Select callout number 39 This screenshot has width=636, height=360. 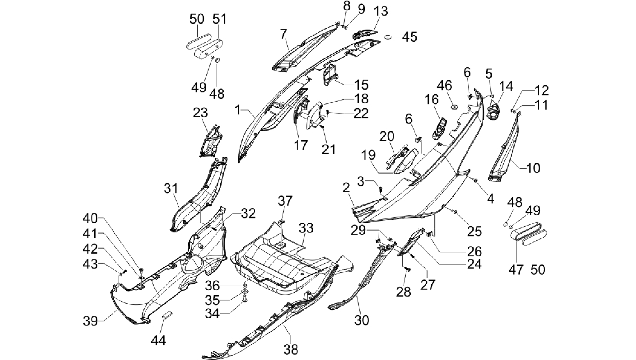[x=91, y=320]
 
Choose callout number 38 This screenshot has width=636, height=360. [x=291, y=349]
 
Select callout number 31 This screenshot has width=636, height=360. [x=171, y=189]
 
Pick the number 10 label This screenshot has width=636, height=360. [x=533, y=168]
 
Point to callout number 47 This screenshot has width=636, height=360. [x=516, y=269]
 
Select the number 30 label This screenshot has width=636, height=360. [x=362, y=320]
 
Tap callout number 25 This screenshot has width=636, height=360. [x=475, y=231]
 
